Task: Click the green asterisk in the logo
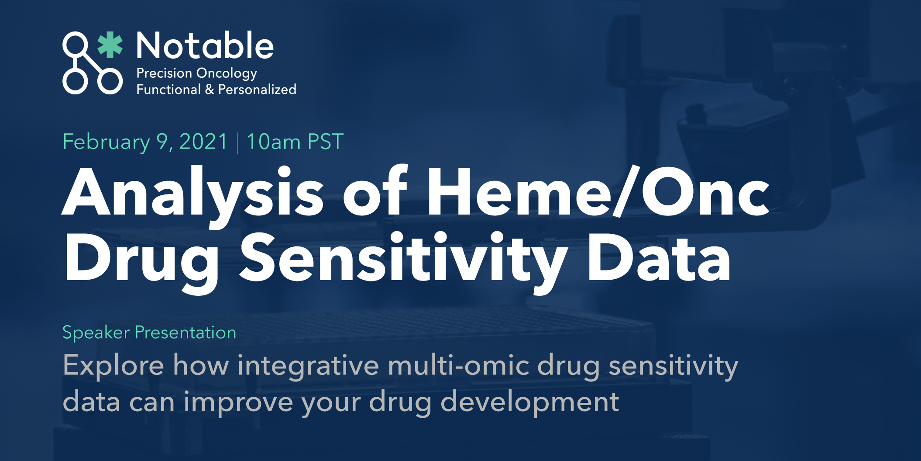(x=110, y=45)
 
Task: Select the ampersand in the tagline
(x=210, y=90)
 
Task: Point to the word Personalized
(x=257, y=90)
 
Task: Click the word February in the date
(x=106, y=142)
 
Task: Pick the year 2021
(x=203, y=142)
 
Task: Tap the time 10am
(x=274, y=142)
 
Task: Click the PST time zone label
(x=326, y=142)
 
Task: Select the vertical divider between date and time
(x=237, y=143)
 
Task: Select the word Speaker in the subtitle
(x=96, y=333)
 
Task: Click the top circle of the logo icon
(x=75, y=44)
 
